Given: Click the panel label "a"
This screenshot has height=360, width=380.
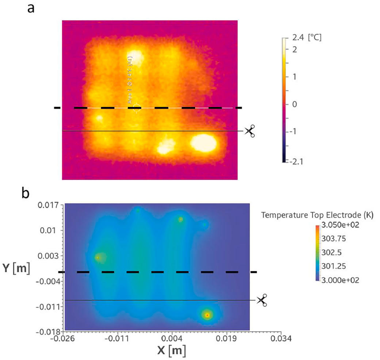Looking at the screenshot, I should point(32,8).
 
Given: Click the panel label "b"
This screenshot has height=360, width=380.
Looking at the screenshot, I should point(26,194).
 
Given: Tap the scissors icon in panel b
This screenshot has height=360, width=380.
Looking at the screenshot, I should point(262,300).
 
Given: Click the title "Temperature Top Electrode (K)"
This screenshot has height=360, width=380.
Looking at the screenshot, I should point(317,215).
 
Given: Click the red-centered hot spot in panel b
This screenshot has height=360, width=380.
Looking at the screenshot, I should point(207,315).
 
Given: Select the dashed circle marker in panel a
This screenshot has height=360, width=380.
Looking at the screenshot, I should point(136,108).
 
